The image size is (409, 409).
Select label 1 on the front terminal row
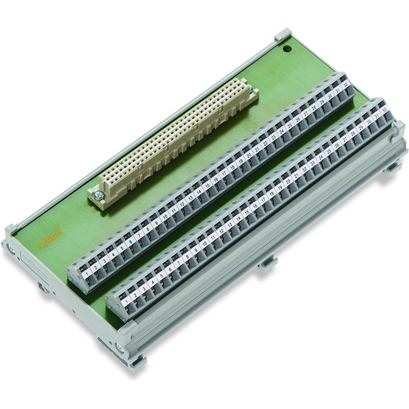click(127, 299)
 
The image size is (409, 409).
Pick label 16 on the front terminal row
click(255, 205)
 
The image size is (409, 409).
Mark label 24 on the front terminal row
click(321, 158)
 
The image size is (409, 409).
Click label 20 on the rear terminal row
click(248, 155)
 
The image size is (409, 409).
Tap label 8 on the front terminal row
click(187, 255)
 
